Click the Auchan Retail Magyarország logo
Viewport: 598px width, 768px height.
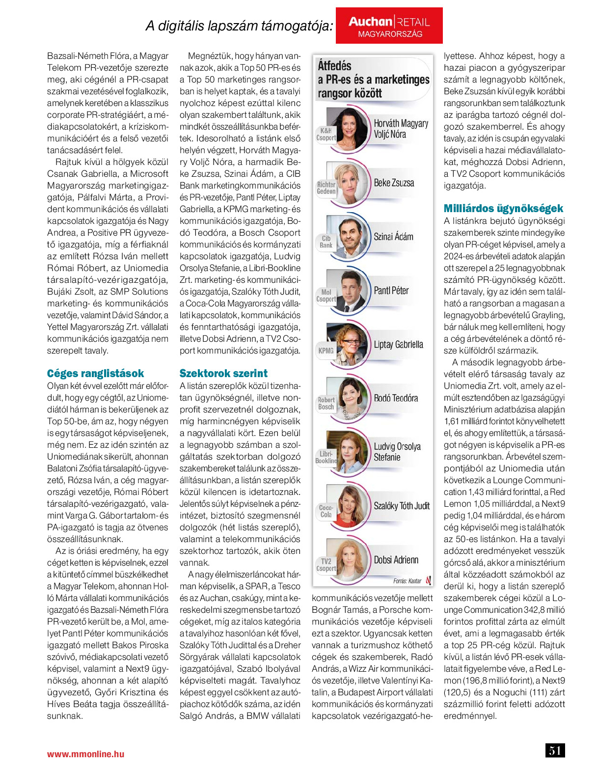tap(389, 26)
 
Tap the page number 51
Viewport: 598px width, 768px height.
tap(555, 750)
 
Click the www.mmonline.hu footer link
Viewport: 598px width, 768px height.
tap(85, 754)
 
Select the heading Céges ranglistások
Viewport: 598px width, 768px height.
tap(95, 373)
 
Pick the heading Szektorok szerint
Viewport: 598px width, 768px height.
tap(223, 373)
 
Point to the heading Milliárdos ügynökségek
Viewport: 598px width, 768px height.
tap(503, 208)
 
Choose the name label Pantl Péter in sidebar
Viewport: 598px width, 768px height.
tap(391, 291)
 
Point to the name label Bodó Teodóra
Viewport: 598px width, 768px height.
tap(396, 398)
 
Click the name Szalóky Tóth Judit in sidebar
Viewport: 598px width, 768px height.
tap(401, 506)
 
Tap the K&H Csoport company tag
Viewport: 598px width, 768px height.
tap(326, 134)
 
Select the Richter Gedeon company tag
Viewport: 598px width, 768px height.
tap(326, 188)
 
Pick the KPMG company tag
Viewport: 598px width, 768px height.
tap(326, 351)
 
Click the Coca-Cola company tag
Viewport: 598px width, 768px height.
tap(326, 511)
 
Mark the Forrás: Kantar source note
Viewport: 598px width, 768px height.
tap(407, 581)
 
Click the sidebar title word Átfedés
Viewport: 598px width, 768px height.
tap(334, 66)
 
